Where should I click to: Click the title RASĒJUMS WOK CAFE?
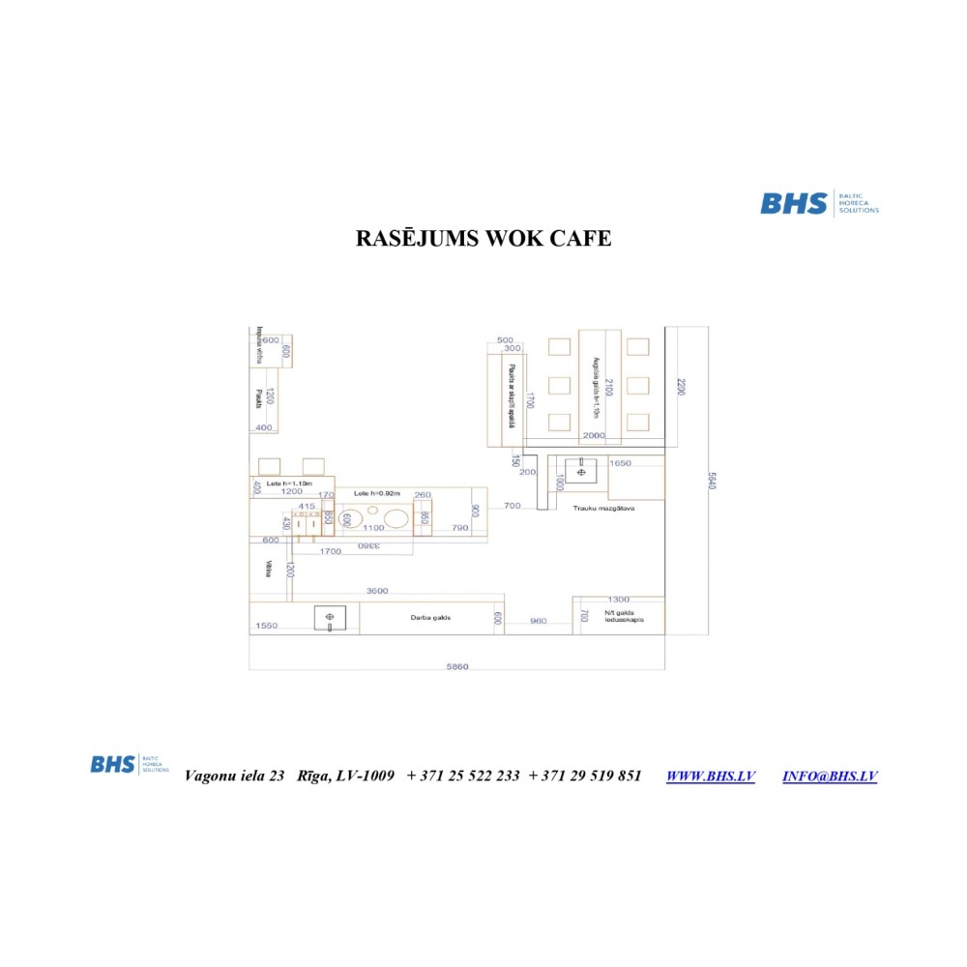pos(483,238)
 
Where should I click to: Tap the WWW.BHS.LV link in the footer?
pos(710,776)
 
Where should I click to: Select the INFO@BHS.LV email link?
pos(829,776)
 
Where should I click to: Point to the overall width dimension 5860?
pos(457,666)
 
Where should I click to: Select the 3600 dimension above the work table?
pos(377,591)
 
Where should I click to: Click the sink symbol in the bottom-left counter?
pos(330,617)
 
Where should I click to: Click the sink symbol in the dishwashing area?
pos(581,471)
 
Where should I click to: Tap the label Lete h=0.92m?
pos(377,493)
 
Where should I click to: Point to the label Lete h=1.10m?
pos(290,483)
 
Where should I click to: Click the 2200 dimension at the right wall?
pos(680,387)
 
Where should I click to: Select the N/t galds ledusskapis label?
pos(624,616)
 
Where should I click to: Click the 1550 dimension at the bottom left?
pos(267,627)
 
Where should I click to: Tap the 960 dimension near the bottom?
pos(539,621)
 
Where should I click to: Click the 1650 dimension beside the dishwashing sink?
pos(620,463)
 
